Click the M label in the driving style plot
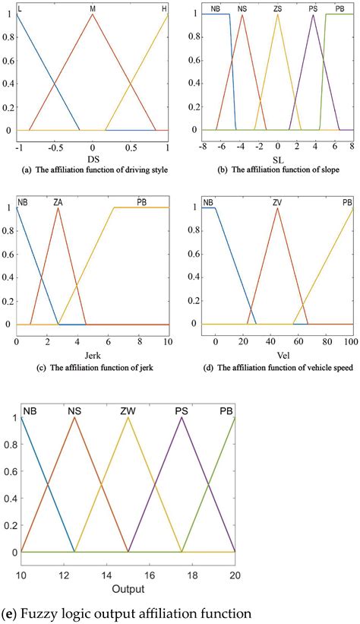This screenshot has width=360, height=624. tap(92, 7)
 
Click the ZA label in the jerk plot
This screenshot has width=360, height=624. tap(58, 201)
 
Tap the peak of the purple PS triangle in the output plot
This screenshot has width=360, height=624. tap(182, 417)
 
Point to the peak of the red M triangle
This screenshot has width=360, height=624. tap(92, 14)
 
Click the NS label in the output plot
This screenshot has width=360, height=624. tap(74, 411)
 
